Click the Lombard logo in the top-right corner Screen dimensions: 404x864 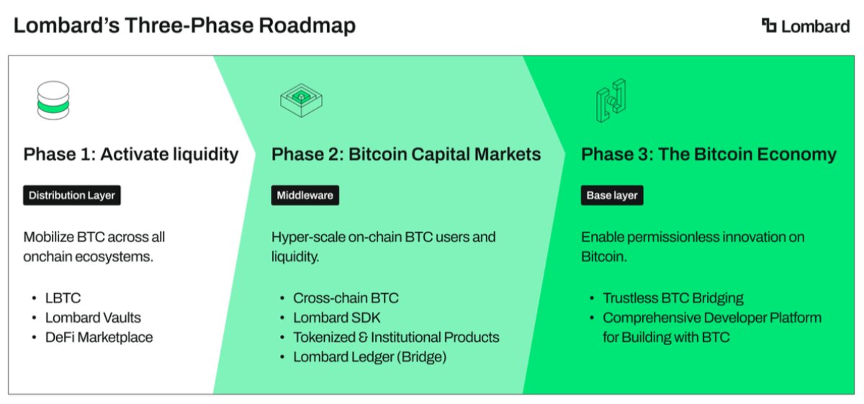(x=806, y=26)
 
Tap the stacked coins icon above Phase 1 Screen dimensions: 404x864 (x=53, y=100)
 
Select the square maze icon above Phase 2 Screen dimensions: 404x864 (x=300, y=102)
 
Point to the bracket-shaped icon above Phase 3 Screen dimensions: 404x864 (x=610, y=102)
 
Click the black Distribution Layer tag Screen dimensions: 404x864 (x=72, y=195)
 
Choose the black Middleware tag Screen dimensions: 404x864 (x=305, y=195)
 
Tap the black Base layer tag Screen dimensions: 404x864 (x=612, y=195)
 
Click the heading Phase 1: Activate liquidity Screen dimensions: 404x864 (x=131, y=154)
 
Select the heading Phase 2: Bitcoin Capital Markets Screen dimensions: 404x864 (x=406, y=154)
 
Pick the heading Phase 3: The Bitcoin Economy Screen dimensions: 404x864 (x=708, y=154)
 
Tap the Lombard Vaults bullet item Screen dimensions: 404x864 (x=93, y=318)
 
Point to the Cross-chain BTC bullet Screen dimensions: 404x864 (x=346, y=298)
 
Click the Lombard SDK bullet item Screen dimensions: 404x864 (x=336, y=318)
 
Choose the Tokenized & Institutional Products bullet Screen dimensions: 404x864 (x=396, y=337)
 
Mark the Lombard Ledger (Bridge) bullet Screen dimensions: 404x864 (x=369, y=356)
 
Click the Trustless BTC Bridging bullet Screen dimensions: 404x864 (x=673, y=298)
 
